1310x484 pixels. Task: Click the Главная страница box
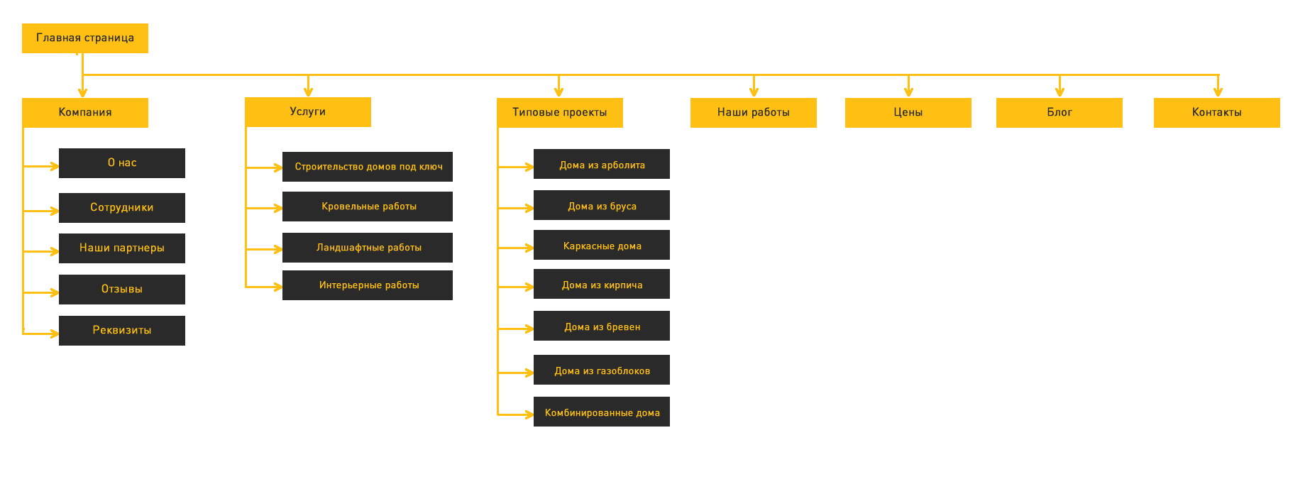coord(85,38)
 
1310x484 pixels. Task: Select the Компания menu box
coord(85,113)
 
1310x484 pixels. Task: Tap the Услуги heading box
coord(308,112)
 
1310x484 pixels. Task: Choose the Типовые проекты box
coord(560,113)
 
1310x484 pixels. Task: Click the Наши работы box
coord(754,113)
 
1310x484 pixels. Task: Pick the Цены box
coord(908,113)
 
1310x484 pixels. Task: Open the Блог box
coord(1059,113)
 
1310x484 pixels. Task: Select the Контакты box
coord(1217,113)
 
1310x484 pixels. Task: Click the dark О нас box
coord(122,163)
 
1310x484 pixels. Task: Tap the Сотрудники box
coord(122,208)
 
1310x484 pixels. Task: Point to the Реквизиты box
coord(122,331)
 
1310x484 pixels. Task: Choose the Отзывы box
coord(122,290)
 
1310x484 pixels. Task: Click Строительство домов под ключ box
coord(368,167)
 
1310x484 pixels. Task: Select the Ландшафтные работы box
coord(368,248)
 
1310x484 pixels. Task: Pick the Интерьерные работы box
coord(368,285)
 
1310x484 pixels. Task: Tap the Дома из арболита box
coord(602,164)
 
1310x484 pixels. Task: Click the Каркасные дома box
coord(602,245)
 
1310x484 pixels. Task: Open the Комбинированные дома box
coord(602,412)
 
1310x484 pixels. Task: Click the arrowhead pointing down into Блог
coord(1059,92)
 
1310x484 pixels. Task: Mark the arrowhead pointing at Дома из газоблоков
coord(529,373)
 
